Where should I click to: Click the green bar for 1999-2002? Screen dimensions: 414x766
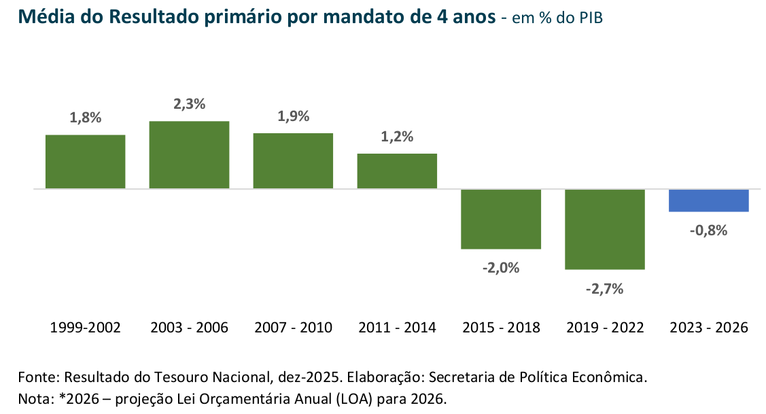(x=85, y=161)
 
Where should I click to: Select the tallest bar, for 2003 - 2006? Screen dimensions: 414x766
(x=189, y=154)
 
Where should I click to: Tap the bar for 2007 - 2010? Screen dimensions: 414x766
(x=293, y=160)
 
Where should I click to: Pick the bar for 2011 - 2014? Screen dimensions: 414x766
(x=397, y=171)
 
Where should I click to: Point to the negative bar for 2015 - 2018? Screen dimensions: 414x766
(x=501, y=219)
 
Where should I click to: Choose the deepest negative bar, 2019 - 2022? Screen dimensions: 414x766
(x=605, y=229)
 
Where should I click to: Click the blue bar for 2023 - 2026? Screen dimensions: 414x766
(x=709, y=201)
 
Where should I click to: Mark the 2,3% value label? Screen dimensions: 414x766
(x=189, y=104)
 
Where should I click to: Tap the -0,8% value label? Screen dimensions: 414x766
(x=708, y=230)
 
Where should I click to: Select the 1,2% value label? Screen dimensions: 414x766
(x=397, y=137)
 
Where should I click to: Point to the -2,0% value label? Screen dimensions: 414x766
(x=501, y=268)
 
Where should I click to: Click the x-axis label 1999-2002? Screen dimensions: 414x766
(x=85, y=328)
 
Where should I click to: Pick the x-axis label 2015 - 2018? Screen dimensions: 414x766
(x=501, y=328)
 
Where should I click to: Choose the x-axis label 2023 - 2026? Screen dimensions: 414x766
(x=709, y=328)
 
